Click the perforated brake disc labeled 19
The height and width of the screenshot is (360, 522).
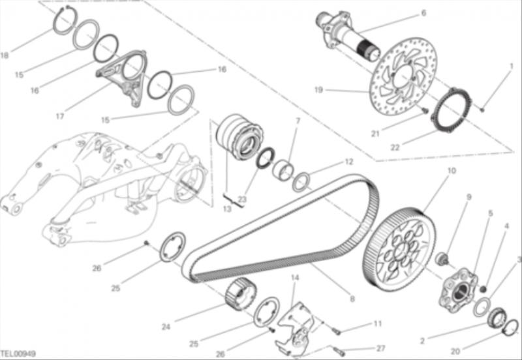coord(403,76)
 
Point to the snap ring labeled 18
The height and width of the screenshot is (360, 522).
coord(64,20)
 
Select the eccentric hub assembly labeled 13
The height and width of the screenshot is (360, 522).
coord(239,137)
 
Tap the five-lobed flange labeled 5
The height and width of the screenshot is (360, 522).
coord(458,290)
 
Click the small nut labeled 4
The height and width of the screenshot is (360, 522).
coord(484,288)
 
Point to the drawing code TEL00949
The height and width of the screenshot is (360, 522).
coord(18,353)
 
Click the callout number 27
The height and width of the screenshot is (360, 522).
coord(380,348)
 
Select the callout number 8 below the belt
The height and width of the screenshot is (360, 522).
coord(352,299)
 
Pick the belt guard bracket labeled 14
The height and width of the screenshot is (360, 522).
coord(295,329)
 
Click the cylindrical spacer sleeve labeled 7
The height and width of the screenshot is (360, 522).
coord(283,170)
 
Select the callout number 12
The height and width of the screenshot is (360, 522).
coord(348,162)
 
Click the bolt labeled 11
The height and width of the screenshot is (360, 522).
coord(336,331)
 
